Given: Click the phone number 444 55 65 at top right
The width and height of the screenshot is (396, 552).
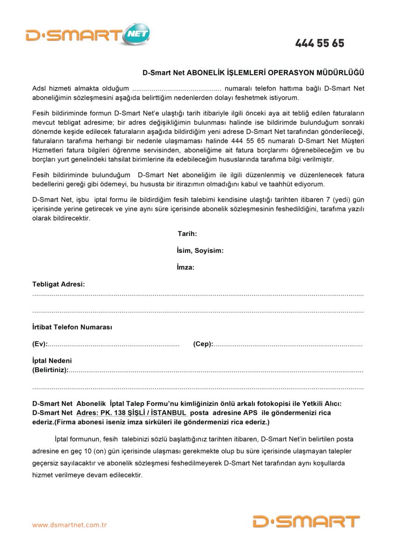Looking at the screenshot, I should (x=320, y=43).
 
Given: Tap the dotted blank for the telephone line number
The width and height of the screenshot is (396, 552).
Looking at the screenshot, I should (x=177, y=88).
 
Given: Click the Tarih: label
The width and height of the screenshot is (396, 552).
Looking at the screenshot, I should (x=187, y=234).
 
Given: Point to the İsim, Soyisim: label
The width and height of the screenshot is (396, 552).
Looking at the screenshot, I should (x=200, y=250).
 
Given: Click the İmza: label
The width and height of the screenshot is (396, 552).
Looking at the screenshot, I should (x=185, y=267).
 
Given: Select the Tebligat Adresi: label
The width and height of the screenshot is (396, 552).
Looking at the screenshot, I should (x=58, y=284).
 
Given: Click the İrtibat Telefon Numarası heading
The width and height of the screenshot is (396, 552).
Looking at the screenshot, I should (x=72, y=327).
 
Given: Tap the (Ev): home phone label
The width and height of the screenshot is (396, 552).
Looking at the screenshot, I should (x=40, y=344).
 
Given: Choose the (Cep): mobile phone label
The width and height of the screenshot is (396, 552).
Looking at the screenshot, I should (x=203, y=344).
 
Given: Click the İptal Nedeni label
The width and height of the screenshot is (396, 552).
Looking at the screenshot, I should (x=52, y=361).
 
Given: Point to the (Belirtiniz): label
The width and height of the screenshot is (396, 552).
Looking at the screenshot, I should (x=50, y=370).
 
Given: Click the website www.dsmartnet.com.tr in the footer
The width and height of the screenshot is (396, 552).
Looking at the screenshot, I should (x=70, y=525).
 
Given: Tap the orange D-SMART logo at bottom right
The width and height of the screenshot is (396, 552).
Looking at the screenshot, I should (x=306, y=521).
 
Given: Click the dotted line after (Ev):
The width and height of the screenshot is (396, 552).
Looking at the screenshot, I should (x=114, y=344).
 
